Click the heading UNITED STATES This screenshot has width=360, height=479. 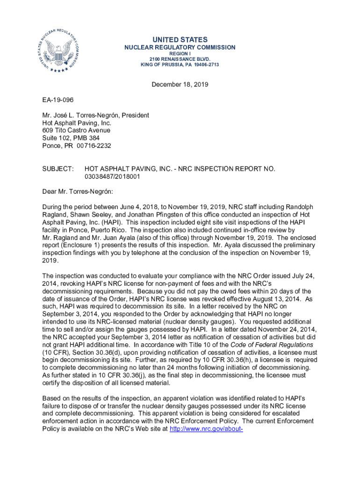pyautogui.click(x=180, y=40)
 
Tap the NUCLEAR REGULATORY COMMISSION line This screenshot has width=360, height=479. pyautogui.click(x=180, y=48)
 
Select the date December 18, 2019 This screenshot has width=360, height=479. pyautogui.click(x=180, y=85)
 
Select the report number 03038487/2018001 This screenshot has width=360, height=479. pyautogui.click(x=112, y=176)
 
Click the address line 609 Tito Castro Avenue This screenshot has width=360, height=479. pyautogui.click(x=76, y=130)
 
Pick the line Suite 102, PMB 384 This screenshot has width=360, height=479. pyautogui.click(x=70, y=138)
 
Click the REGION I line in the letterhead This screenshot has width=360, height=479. pyautogui.click(x=180, y=54)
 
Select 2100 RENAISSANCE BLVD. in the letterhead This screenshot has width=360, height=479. pyautogui.click(x=180, y=59)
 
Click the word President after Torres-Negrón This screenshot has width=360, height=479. pyautogui.click(x=135, y=115)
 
